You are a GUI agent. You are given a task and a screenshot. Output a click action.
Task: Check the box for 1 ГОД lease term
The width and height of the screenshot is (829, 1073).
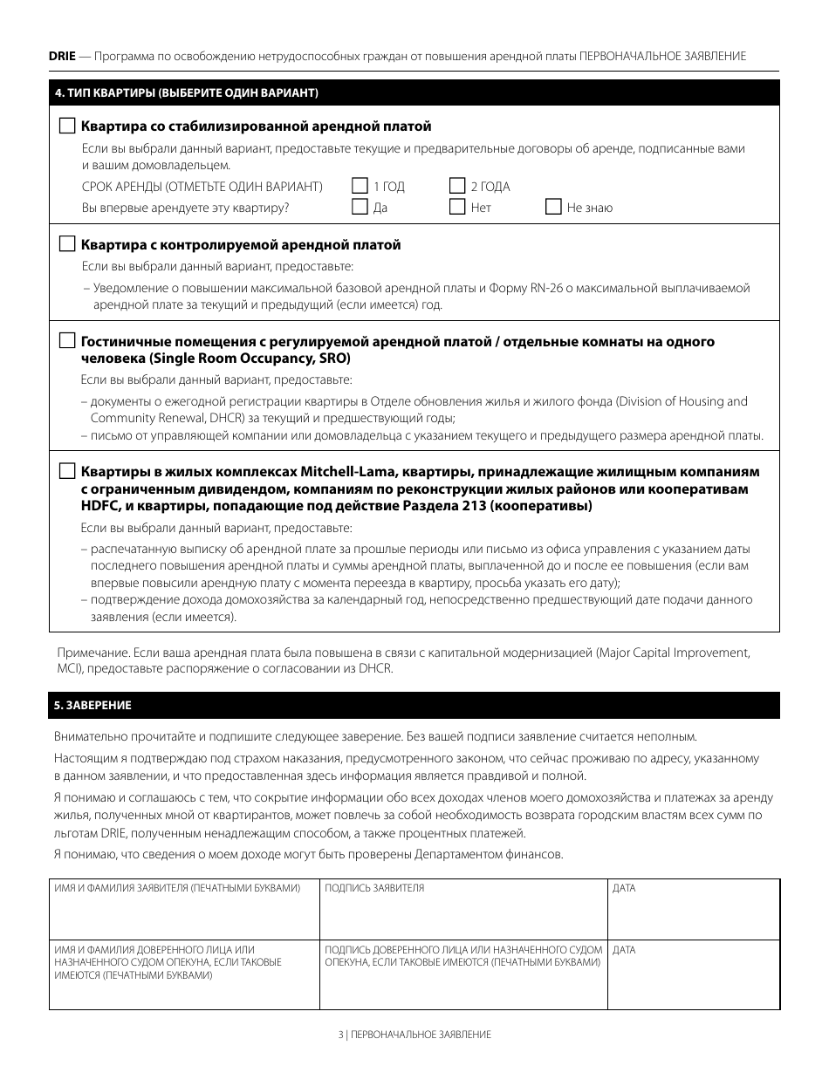point(360,186)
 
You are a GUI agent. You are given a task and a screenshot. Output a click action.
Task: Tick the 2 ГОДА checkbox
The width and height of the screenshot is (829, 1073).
point(457,186)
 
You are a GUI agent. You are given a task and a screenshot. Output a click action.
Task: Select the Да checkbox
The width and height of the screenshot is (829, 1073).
point(360,207)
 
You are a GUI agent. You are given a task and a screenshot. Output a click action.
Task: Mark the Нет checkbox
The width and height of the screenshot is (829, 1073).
point(457,207)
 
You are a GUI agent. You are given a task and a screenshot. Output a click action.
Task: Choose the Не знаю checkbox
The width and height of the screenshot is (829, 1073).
point(553,207)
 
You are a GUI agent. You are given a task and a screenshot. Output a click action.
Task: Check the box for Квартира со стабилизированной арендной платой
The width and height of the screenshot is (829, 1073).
point(67,126)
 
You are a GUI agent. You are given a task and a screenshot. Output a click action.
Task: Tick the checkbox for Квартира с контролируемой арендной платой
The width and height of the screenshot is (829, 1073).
point(67,244)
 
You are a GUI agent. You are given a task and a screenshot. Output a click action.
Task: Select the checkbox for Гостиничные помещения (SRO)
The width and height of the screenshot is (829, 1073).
point(67,341)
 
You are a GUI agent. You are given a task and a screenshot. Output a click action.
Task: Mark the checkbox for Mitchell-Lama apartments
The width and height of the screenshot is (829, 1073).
point(67,471)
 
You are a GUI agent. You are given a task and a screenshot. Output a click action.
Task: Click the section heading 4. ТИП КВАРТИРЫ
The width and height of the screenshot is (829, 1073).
point(186,92)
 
